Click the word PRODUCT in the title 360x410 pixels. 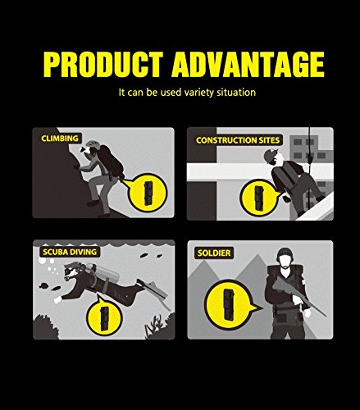click(x=103, y=64)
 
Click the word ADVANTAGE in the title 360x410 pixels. click(x=248, y=64)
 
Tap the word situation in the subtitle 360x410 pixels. click(x=236, y=93)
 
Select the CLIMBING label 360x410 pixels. click(x=60, y=139)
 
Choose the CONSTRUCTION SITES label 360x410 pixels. click(x=238, y=140)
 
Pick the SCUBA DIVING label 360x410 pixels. click(x=70, y=252)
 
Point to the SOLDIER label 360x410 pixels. click(x=214, y=253)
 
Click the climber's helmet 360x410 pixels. click(x=93, y=144)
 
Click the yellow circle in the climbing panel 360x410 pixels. click(x=148, y=193)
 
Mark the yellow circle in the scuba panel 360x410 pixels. click(x=104, y=317)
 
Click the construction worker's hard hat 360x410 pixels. click(x=270, y=156)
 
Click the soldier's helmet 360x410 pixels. click(x=285, y=254)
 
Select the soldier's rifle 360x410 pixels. click(x=298, y=295)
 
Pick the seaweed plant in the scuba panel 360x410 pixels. click(x=153, y=326)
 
